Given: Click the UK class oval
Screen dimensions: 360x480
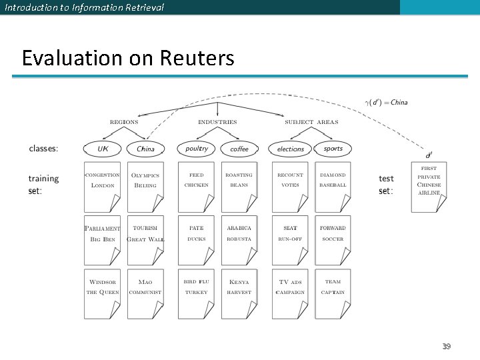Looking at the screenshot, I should [x=103, y=149].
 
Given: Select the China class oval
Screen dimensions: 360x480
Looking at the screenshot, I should [x=145, y=149].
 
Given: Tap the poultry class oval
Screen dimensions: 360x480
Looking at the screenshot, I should [x=197, y=149].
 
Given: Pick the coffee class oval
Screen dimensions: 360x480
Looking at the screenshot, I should [x=239, y=149].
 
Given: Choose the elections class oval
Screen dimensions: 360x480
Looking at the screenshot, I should [x=290, y=149].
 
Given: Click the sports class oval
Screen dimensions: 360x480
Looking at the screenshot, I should [x=333, y=149].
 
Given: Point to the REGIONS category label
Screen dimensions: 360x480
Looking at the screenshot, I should [x=124, y=122].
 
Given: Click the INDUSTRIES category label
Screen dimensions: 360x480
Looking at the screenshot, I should [x=217, y=122].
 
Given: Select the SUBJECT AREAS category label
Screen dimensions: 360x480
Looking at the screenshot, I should [x=311, y=122].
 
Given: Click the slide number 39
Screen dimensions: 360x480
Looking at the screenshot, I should [x=446, y=346].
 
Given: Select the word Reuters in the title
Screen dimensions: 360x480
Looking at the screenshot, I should [x=197, y=59].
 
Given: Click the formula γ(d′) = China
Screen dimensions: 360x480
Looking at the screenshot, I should [x=387, y=102].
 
